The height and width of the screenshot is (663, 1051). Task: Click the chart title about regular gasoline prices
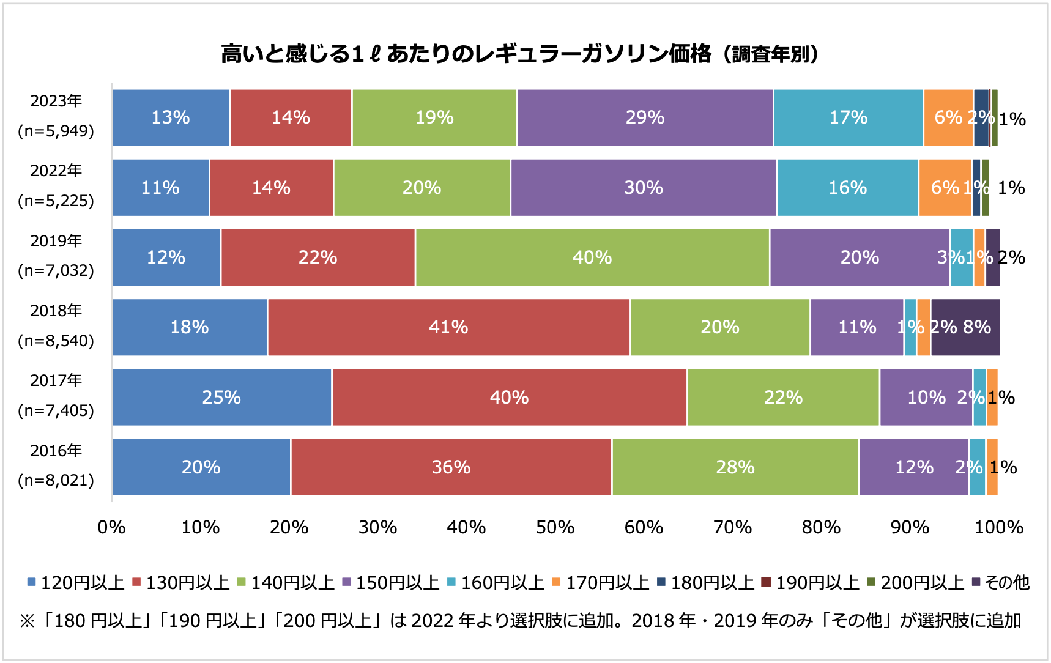[x=520, y=54]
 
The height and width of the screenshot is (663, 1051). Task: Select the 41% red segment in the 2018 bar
[x=448, y=327]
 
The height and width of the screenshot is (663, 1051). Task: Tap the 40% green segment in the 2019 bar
[x=592, y=257]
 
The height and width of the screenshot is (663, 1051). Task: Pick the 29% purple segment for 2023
[x=645, y=117]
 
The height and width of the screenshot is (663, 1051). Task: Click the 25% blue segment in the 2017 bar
[x=221, y=398]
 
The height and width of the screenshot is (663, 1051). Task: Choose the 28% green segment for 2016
[x=735, y=467]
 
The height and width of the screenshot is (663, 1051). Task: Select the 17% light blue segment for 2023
[x=848, y=117]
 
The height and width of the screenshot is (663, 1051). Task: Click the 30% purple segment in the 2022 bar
[x=643, y=188]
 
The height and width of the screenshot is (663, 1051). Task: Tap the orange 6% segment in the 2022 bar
[x=945, y=188]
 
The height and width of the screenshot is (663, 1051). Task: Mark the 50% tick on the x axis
[x=555, y=527]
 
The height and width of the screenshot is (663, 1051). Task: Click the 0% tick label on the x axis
[x=111, y=527]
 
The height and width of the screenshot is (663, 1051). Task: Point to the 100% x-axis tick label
[x=998, y=527]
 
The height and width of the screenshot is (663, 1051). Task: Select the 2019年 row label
[x=56, y=241]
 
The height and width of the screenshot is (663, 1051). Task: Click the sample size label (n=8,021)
[x=56, y=480]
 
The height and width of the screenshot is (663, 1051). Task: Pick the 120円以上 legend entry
[x=76, y=582]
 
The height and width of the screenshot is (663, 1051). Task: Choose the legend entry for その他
[x=1001, y=582]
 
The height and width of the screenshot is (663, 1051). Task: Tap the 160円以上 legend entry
[x=496, y=582]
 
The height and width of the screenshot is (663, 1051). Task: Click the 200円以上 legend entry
[x=916, y=582]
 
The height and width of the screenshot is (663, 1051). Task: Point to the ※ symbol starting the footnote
[x=28, y=621]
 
